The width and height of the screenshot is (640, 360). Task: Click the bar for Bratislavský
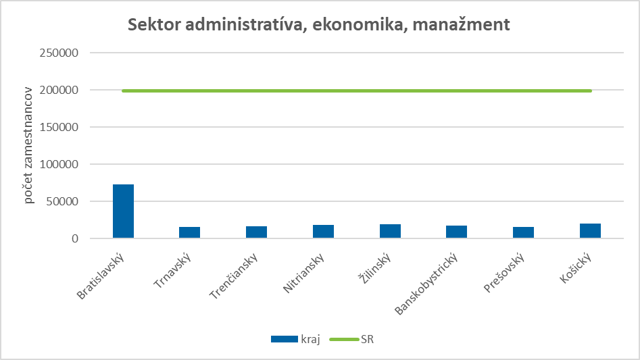click(123, 211)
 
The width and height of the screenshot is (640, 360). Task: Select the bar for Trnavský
click(189, 232)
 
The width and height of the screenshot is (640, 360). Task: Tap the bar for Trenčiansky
click(256, 232)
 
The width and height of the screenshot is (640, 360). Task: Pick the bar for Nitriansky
click(323, 231)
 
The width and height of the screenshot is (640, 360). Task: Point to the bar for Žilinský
click(390, 231)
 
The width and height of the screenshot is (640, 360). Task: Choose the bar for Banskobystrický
click(456, 232)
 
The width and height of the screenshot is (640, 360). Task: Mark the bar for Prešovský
click(523, 232)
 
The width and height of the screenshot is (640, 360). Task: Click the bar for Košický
click(590, 230)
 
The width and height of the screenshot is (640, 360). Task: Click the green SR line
click(356, 91)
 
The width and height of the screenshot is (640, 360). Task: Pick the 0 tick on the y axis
click(76, 238)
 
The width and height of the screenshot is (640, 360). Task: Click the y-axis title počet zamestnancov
click(29, 145)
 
